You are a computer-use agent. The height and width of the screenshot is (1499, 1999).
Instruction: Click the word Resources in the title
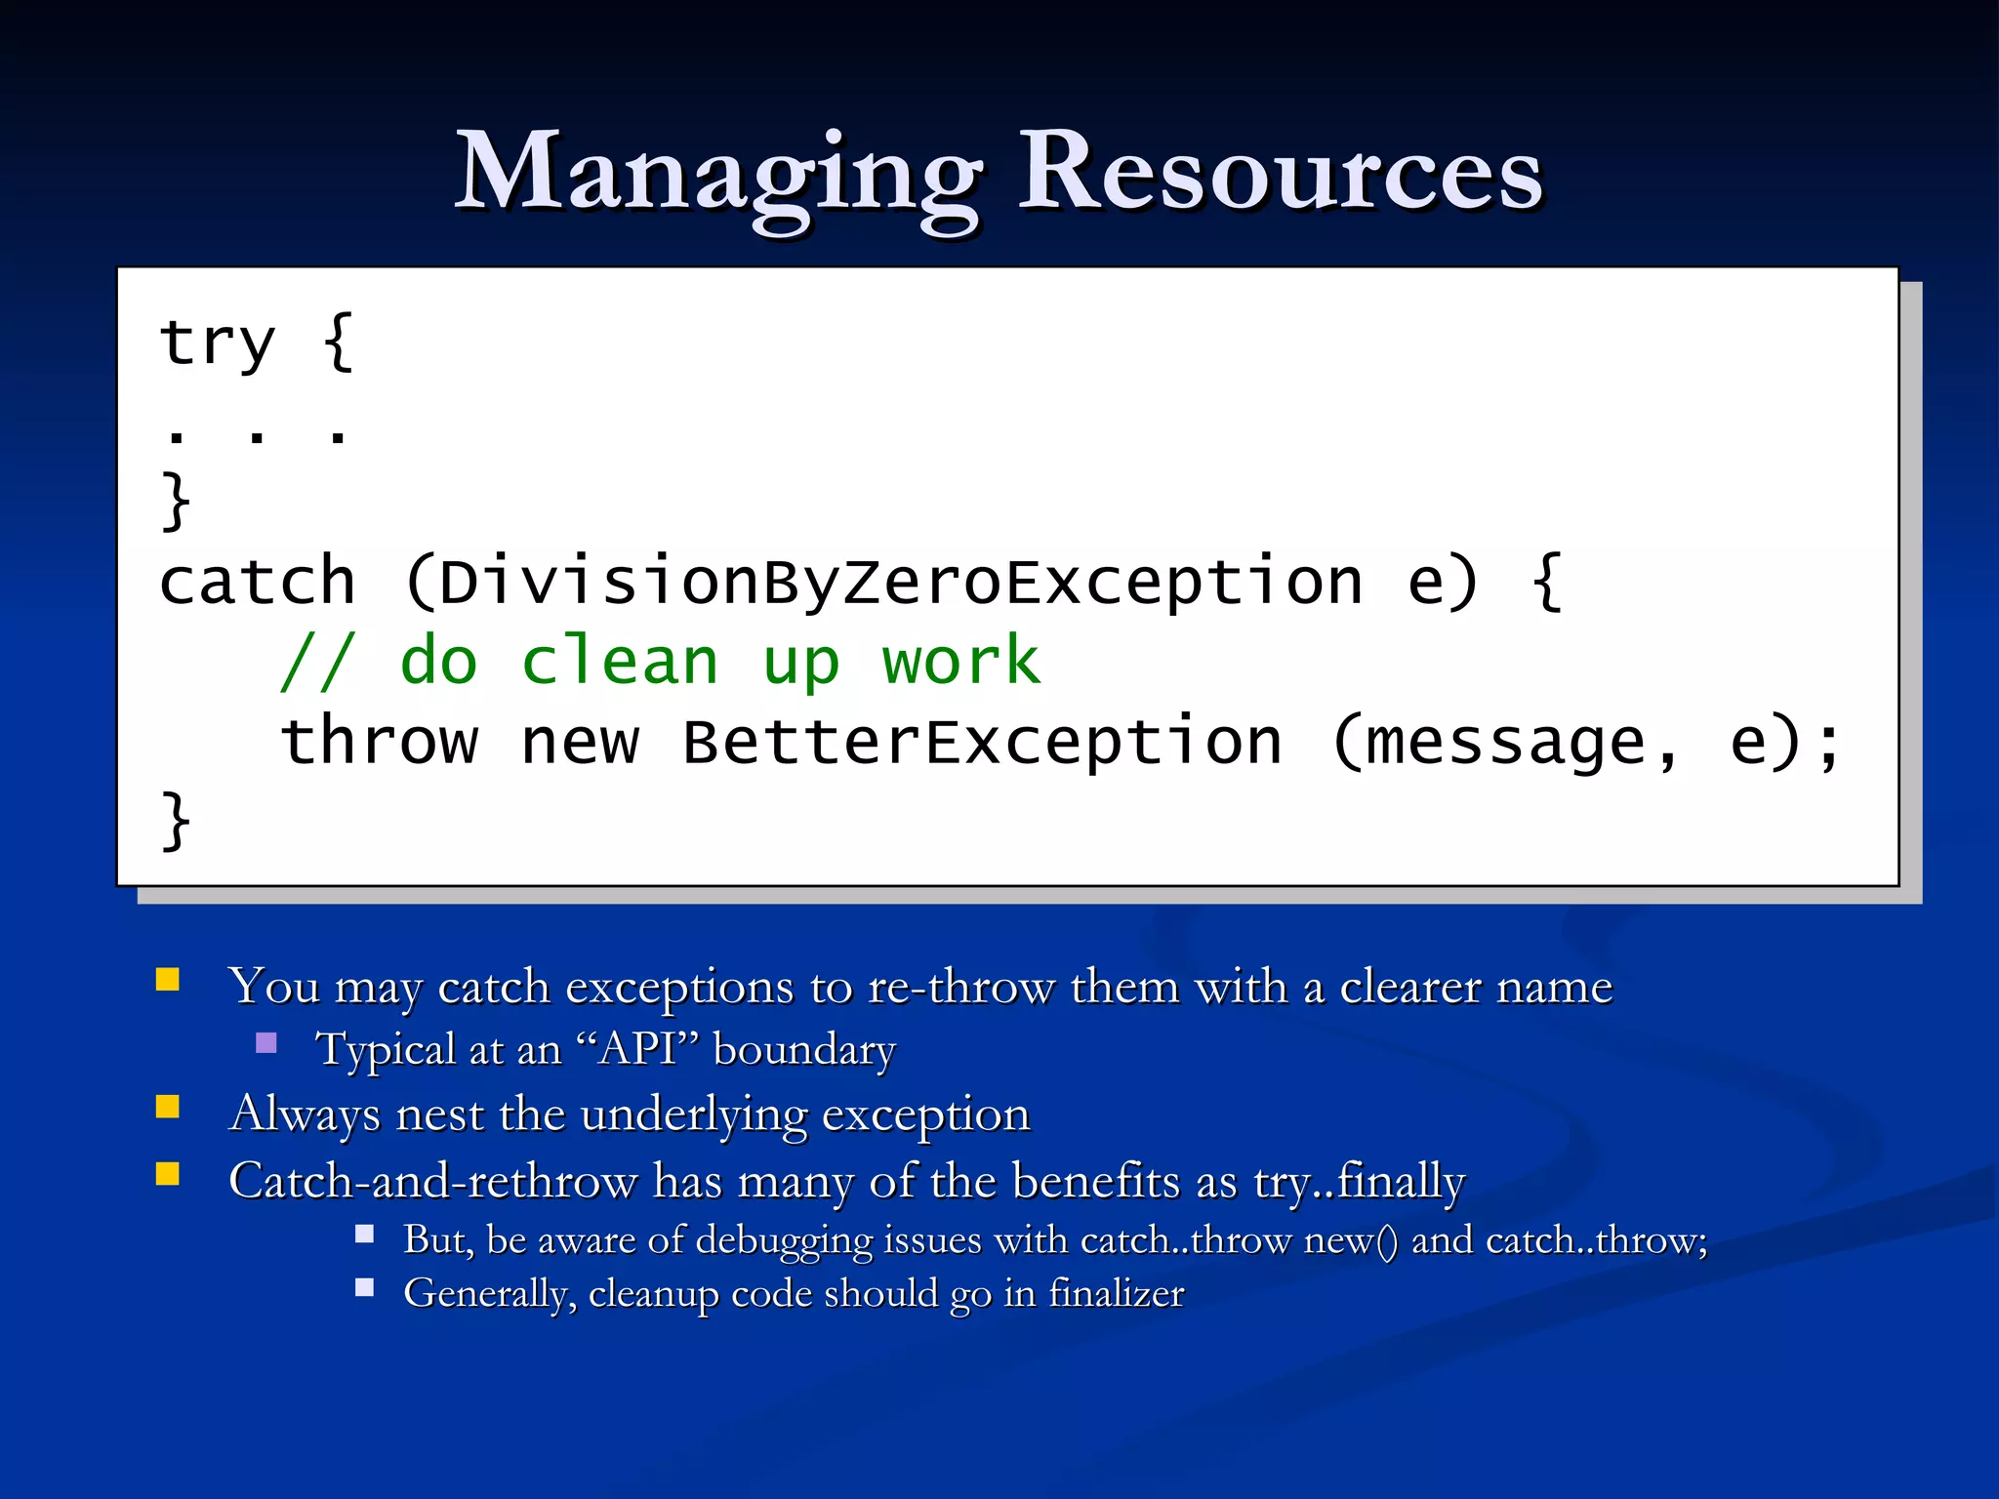click(1280, 174)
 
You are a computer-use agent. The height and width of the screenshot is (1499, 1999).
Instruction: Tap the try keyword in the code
click(217, 344)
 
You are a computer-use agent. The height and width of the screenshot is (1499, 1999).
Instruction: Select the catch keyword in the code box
click(257, 583)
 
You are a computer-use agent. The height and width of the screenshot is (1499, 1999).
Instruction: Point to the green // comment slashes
click(316, 663)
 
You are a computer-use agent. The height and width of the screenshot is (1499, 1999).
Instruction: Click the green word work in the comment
click(961, 663)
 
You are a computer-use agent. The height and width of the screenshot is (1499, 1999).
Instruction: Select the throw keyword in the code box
click(379, 743)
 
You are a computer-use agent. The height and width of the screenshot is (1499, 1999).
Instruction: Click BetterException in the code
click(982, 743)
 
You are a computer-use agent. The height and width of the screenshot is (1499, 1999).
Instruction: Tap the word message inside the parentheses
click(1505, 743)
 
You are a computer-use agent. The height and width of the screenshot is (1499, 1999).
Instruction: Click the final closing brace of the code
click(176, 822)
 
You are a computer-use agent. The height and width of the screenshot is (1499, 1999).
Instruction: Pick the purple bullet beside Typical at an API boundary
click(266, 1043)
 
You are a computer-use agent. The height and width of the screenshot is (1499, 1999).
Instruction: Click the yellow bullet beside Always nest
click(168, 1106)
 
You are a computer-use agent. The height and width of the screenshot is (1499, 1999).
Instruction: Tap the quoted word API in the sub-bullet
click(638, 1050)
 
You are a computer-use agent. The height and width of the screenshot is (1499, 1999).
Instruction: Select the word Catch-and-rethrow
click(431, 1181)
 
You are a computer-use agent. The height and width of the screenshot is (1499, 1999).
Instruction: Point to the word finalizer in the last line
click(1116, 1294)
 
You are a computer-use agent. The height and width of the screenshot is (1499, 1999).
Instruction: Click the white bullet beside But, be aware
click(365, 1234)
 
